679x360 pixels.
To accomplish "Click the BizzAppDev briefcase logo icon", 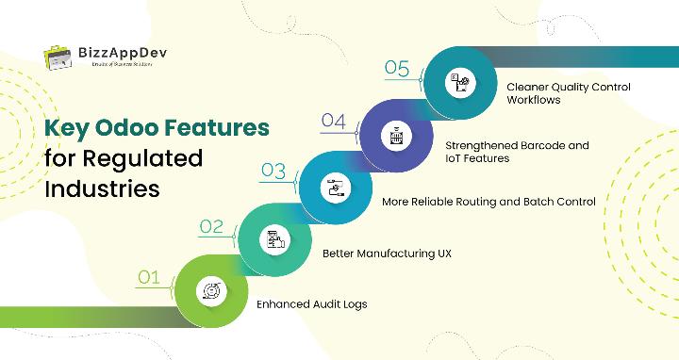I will click(x=58, y=57).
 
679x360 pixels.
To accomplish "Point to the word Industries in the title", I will click(x=101, y=187).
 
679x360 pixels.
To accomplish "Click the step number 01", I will click(x=151, y=277).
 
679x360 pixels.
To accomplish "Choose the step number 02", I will click(x=211, y=226).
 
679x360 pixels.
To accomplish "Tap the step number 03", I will click(x=273, y=171).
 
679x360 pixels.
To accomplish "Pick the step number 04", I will click(x=334, y=120).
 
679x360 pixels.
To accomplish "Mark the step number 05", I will click(x=396, y=68).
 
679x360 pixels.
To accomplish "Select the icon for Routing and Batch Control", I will click(x=333, y=187).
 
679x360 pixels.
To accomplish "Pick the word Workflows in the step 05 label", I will click(x=534, y=99).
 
